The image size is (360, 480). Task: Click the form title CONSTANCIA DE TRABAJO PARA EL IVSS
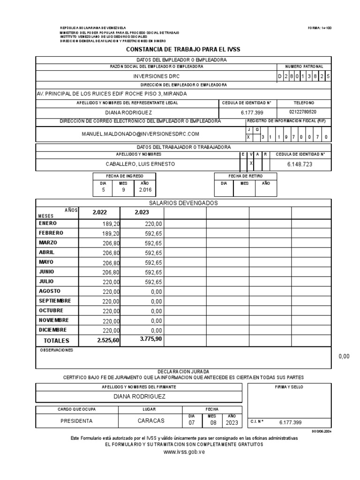pyautogui.click(x=183, y=49)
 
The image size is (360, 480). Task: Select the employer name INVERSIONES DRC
pyautogui.click(x=156, y=76)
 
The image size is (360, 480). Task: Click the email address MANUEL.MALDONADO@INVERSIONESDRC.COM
pyautogui.click(x=140, y=134)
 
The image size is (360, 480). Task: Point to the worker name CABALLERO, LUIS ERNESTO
pyautogui.click(x=140, y=164)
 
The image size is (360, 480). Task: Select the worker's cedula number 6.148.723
pyautogui.click(x=300, y=164)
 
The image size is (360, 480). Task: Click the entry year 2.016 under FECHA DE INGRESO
pyautogui.click(x=143, y=190)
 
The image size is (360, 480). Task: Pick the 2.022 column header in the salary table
pyautogui.click(x=100, y=212)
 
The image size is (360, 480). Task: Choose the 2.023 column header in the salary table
pyautogui.click(x=142, y=212)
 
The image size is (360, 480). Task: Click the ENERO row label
pyautogui.click(x=48, y=224)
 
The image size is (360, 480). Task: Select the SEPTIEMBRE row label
pyautogui.click(x=55, y=300)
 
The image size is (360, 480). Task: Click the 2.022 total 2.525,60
pyautogui.click(x=108, y=340)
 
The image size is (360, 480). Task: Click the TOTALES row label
pyautogui.click(x=56, y=340)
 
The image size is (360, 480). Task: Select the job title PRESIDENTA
pyautogui.click(x=77, y=421)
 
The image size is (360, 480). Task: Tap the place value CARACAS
pyautogui.click(x=151, y=421)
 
